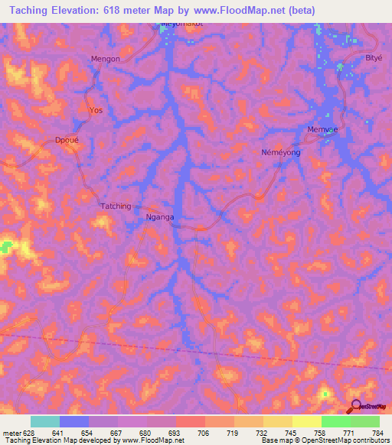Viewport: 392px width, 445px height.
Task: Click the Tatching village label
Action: pos(116,206)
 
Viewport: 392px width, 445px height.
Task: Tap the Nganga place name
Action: pos(161,217)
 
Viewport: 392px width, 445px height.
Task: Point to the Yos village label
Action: pos(96,110)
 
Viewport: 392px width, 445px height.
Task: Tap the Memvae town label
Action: pos(322,129)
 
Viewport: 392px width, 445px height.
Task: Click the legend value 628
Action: pos(30,433)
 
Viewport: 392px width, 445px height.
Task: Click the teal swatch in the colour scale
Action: pos(44,421)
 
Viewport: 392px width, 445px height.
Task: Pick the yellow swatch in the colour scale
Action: pos(306,421)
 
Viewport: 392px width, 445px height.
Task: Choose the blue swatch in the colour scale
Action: pos(73,421)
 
